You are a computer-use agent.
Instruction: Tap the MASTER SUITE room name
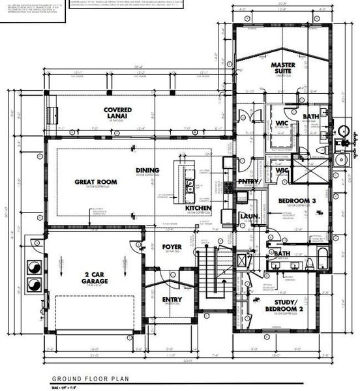[285, 70]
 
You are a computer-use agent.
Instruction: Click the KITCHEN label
[198, 208]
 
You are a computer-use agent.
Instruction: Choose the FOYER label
[172, 247]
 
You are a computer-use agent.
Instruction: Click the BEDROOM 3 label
[291, 201]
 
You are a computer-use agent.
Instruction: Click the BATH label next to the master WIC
[310, 117]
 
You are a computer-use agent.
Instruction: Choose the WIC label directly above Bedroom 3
[282, 171]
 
